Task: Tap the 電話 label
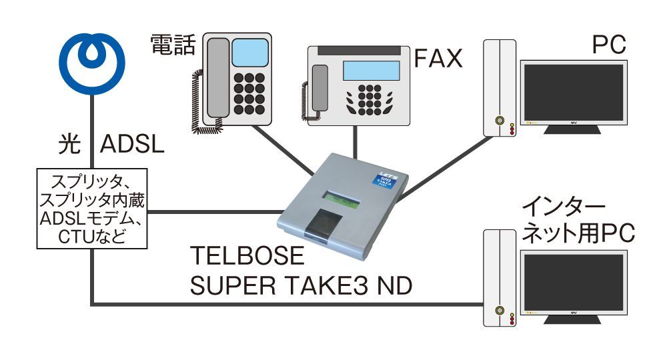pos(173,45)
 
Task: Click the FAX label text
pos(438,59)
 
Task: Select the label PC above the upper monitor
pos(609,45)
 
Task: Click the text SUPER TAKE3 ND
pos(301,286)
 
